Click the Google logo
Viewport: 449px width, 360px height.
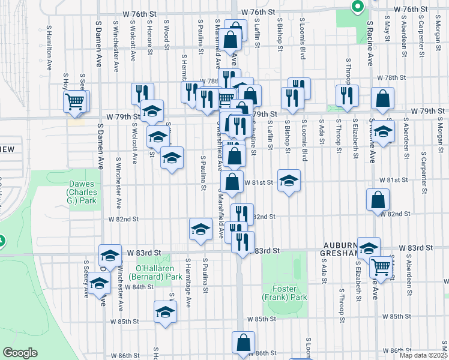[20, 353]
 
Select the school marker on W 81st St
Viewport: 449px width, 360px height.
[289, 181]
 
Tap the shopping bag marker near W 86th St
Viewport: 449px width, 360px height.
[243, 343]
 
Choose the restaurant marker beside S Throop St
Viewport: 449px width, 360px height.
[347, 96]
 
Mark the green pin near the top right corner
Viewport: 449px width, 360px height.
[358, 7]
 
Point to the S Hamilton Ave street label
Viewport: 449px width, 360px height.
[48, 42]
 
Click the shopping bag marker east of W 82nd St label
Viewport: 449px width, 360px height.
[378, 200]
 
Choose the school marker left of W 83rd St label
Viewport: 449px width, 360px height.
[110, 257]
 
